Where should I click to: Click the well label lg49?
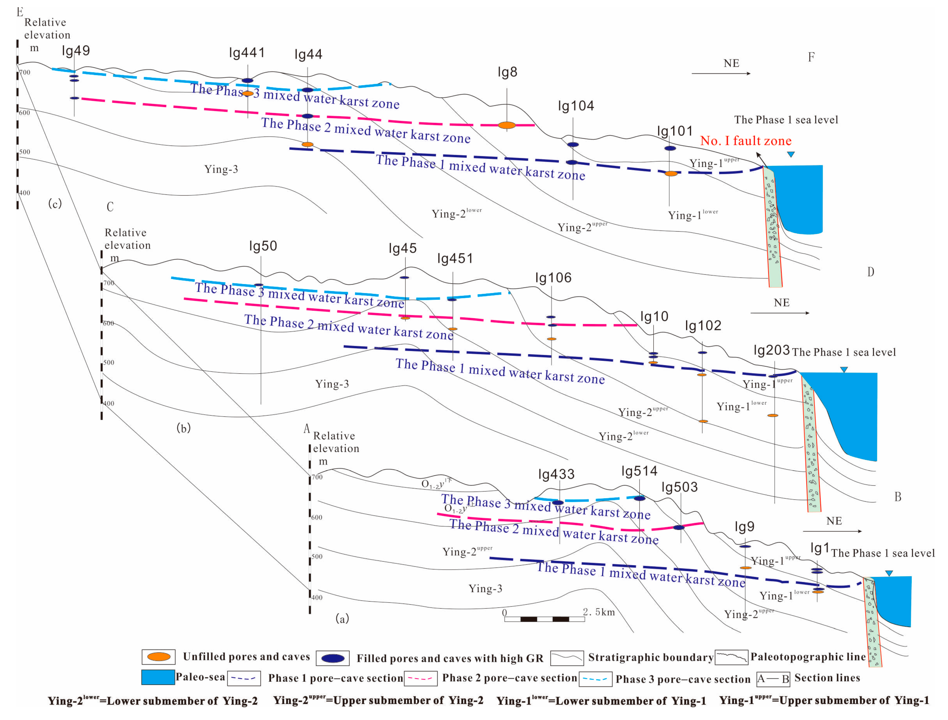tap(76, 51)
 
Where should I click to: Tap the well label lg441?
tap(247, 53)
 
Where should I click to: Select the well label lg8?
tap(507, 72)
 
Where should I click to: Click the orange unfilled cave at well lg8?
tap(507, 125)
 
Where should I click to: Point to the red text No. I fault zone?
tap(746, 141)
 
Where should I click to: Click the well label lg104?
tap(576, 106)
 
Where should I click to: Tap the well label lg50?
tap(263, 246)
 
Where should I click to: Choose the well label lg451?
tap(455, 258)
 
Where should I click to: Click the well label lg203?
tap(771, 350)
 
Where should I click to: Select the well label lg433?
tap(556, 474)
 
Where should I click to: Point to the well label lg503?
tap(679, 487)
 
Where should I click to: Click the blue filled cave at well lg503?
tap(679, 527)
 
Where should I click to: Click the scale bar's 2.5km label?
tap(598, 612)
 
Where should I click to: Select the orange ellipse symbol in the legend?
tap(159, 657)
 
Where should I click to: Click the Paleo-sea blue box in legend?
tap(158, 677)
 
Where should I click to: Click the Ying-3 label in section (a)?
tap(485, 588)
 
